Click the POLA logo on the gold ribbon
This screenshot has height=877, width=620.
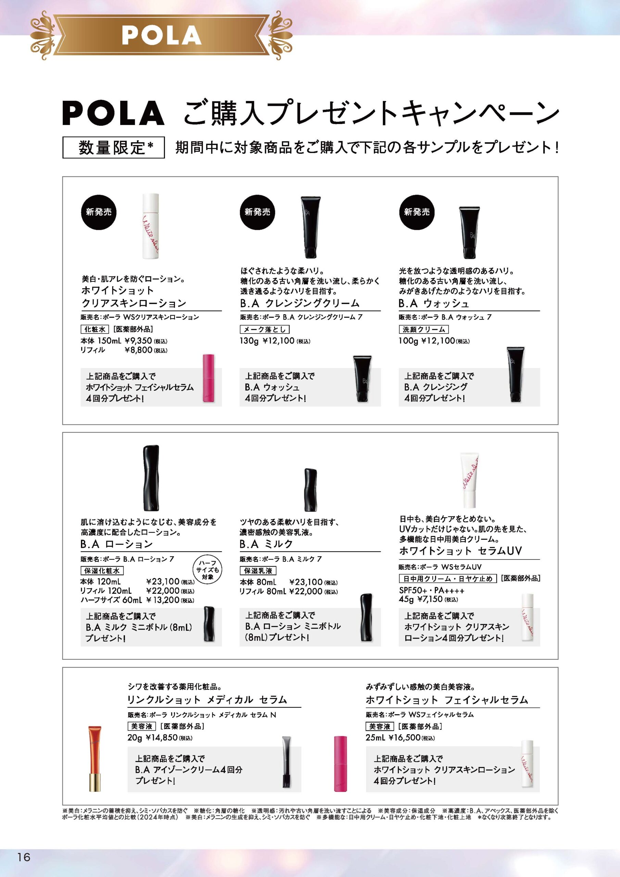click(x=162, y=35)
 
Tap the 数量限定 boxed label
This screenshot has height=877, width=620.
click(x=113, y=147)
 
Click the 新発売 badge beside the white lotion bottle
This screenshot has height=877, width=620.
click(x=99, y=212)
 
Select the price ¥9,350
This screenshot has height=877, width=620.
click(x=138, y=340)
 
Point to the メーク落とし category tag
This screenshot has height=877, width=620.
click(x=265, y=329)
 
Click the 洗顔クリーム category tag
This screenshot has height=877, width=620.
click(x=423, y=329)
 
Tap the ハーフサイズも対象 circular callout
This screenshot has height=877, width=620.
click(x=208, y=570)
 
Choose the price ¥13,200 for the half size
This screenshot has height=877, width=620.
click(x=163, y=600)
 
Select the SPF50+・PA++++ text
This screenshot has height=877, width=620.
click(x=432, y=591)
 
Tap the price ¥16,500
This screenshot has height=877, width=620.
click(x=404, y=737)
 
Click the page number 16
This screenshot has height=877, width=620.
click(x=23, y=857)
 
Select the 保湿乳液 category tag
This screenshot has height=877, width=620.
click(x=258, y=571)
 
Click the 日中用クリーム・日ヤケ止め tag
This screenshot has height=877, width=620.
click(x=447, y=579)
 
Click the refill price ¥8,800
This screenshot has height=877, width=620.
click(x=138, y=350)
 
